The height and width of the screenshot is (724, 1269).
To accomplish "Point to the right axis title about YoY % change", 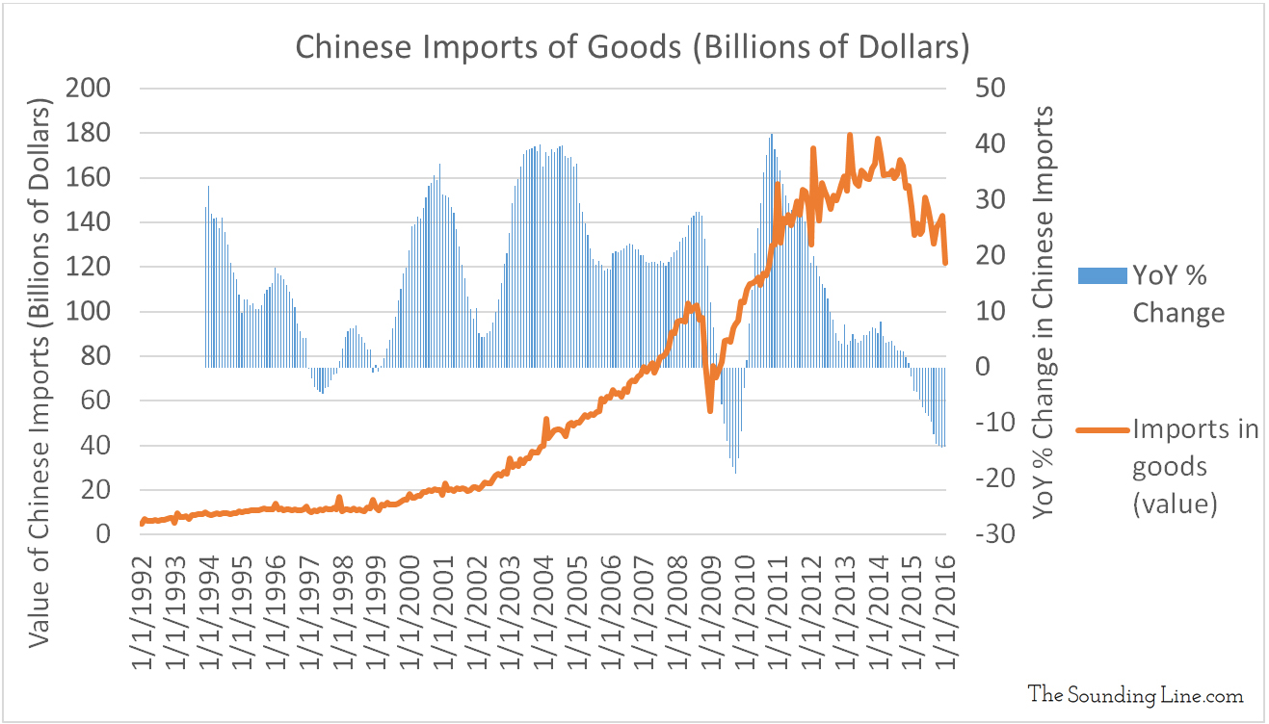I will coord(1043,314).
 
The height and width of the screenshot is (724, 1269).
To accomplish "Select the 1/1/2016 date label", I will coord(947,607).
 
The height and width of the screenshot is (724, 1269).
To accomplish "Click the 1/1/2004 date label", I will coord(545,607).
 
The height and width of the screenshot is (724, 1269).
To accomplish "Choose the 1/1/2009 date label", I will coord(712,607).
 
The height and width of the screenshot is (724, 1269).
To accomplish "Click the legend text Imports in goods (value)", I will coord(1196,467).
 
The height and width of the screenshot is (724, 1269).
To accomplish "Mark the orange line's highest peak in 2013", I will coord(849,136).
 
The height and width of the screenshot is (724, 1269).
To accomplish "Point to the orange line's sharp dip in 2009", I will coord(710,410).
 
